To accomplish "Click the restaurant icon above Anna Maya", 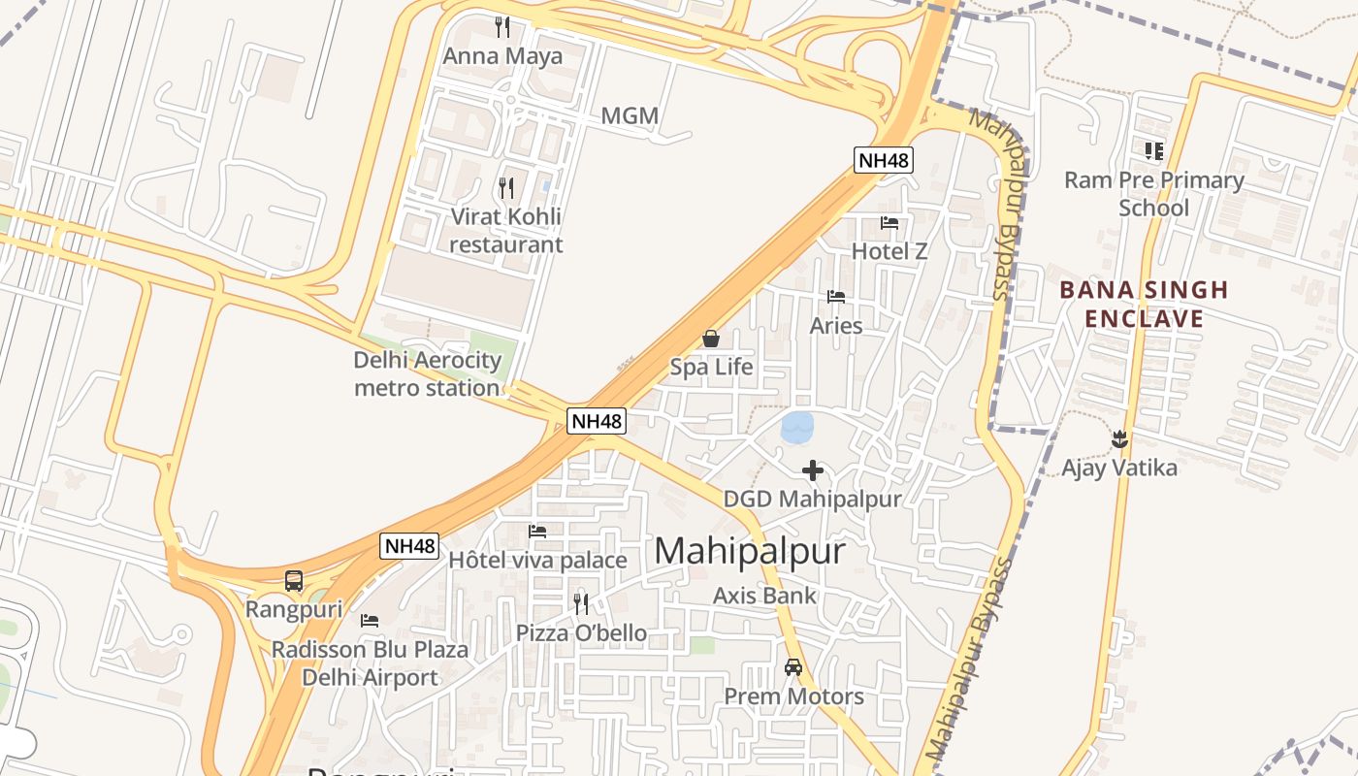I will [x=501, y=26].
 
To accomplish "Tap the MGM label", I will [x=630, y=116].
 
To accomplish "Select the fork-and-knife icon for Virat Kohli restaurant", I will [x=505, y=187].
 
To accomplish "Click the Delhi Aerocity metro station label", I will [x=427, y=374].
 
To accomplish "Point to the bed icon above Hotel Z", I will [x=889, y=223].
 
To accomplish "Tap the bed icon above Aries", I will [x=835, y=296].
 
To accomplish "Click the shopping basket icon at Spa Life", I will [x=711, y=339].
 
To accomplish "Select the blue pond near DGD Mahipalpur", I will [x=797, y=427].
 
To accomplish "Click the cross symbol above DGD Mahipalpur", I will [x=813, y=470].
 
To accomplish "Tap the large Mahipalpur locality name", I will [x=750, y=551].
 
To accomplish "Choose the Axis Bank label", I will [x=764, y=596].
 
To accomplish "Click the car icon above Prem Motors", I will [x=793, y=667].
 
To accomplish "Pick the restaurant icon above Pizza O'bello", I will [x=580, y=603].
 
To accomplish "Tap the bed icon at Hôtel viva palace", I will [x=536, y=532].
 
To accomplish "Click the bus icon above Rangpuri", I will [x=294, y=581].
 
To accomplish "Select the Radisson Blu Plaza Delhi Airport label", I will [x=371, y=663].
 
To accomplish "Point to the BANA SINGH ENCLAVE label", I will [x=1144, y=304].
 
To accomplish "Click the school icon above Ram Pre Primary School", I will [x=1153, y=150].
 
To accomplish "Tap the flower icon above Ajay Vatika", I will [x=1119, y=438].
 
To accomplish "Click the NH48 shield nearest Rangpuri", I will [x=408, y=546].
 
